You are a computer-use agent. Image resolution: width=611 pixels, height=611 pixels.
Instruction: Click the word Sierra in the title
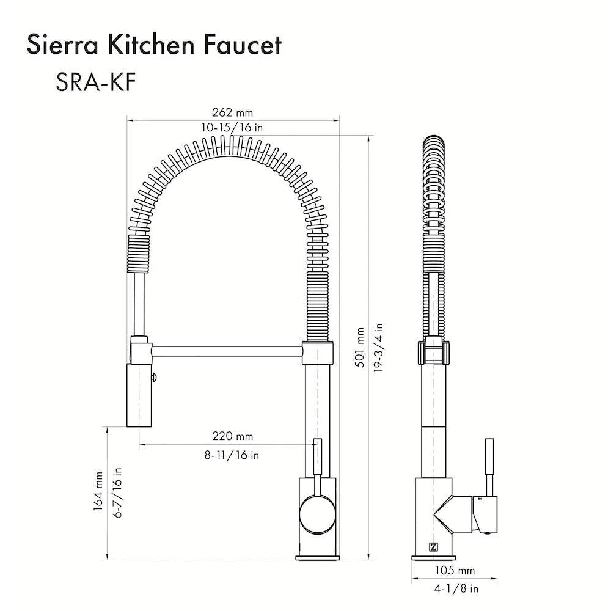(x=64, y=45)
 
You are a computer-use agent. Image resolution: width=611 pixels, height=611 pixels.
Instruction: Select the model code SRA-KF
(x=95, y=82)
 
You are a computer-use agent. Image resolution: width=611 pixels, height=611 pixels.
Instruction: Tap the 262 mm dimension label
(x=233, y=112)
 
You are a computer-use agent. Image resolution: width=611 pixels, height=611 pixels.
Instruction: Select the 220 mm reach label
(x=233, y=436)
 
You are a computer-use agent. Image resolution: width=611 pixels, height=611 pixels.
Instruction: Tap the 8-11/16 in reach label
(x=232, y=455)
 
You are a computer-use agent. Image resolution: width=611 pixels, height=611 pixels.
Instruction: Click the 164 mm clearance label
(x=98, y=491)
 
